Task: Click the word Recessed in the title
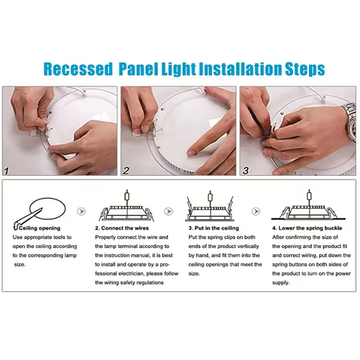click(x=77, y=68)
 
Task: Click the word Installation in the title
click(x=240, y=68)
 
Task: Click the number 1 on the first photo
click(x=7, y=171)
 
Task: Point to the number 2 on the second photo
click(x=126, y=170)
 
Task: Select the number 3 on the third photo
click(x=245, y=171)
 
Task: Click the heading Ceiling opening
click(x=40, y=228)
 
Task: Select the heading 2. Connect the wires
click(x=122, y=228)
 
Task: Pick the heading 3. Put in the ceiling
click(x=214, y=228)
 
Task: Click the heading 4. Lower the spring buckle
click(x=307, y=228)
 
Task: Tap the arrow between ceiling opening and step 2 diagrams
click(x=81, y=211)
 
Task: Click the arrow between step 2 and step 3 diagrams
click(x=169, y=211)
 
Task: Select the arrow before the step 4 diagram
click(x=256, y=211)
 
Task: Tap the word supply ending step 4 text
click(x=280, y=283)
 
